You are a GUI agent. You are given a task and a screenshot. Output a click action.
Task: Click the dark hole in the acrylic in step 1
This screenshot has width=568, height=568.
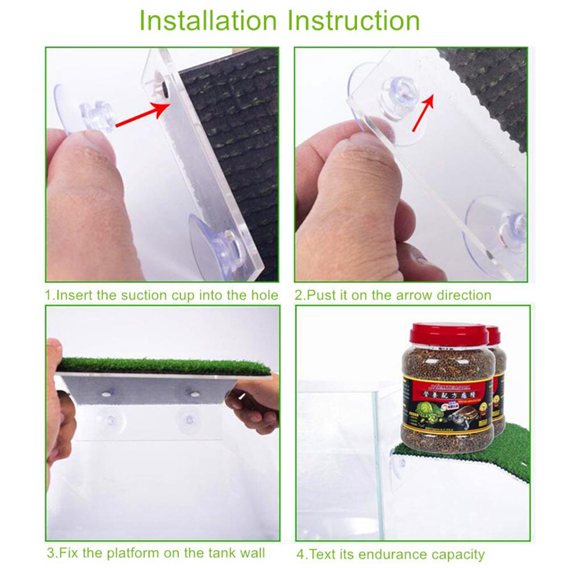pos(162,88)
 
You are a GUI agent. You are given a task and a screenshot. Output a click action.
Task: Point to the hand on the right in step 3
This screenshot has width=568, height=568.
pos(253,403)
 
